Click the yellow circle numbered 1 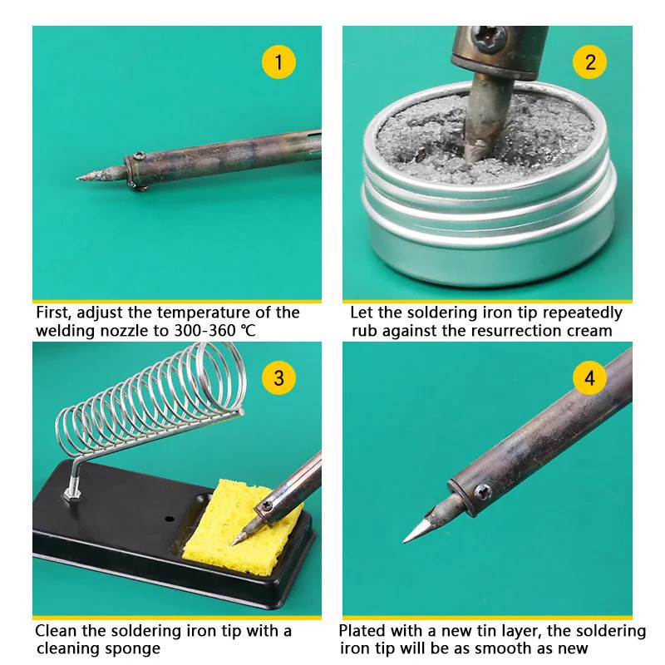point(278,62)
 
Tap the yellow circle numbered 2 point(589,62)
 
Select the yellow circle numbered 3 point(278,378)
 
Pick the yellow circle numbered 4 point(589,378)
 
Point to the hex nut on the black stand point(72,495)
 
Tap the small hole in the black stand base point(170,519)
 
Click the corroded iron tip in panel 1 point(101,175)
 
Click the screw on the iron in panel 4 point(483,492)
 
